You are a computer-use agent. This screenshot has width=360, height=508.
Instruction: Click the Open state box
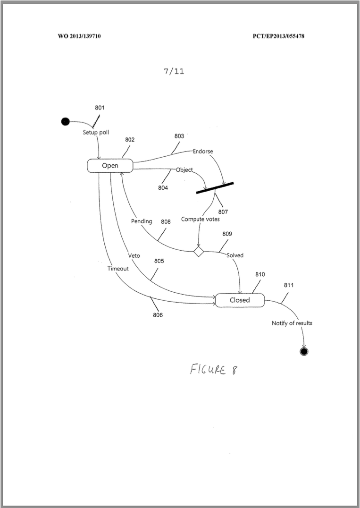[110, 166]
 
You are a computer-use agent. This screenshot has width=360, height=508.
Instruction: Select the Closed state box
[240, 300]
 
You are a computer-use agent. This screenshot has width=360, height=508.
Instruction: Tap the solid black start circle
[66, 122]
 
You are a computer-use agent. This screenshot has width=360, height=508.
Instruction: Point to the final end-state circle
[304, 352]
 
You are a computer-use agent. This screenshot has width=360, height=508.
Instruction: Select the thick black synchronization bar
[215, 187]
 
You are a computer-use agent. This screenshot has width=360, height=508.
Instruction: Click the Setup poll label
[96, 132]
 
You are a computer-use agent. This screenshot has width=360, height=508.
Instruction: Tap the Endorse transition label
[203, 152]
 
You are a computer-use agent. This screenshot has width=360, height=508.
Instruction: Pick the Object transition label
[184, 170]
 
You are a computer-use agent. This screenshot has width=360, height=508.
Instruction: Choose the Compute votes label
[201, 219]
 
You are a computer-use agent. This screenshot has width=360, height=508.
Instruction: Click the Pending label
[142, 221]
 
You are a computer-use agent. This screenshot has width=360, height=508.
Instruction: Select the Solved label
[235, 255]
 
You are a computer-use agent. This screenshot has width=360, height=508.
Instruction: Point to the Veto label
[134, 255]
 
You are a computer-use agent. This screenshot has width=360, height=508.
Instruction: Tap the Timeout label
[118, 269]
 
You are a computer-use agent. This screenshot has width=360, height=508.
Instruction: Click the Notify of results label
[292, 323]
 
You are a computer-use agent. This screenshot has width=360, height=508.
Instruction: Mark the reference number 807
[223, 212]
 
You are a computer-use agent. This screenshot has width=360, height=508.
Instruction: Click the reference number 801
[100, 108]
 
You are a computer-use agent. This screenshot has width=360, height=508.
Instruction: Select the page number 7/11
[174, 72]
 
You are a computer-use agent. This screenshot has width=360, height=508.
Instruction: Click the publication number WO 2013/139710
[79, 36]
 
